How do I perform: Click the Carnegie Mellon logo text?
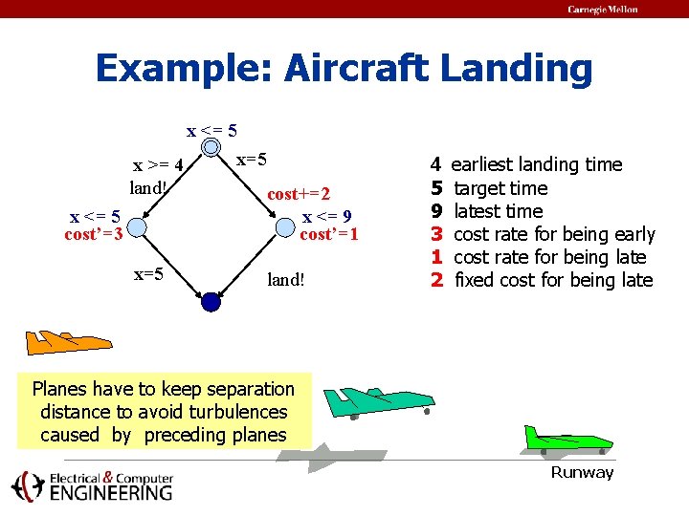point(602,10)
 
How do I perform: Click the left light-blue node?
point(137,227)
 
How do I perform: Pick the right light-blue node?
point(285,227)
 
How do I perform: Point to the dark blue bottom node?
point(211,302)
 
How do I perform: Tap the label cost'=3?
point(93,234)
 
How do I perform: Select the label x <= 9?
point(329,216)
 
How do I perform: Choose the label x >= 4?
point(158,165)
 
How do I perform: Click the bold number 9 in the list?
point(435,211)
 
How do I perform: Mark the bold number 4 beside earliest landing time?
point(435,164)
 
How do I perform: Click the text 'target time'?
point(500,188)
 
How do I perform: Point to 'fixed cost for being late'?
point(553,280)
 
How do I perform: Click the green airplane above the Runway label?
point(567,441)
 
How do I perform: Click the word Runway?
point(582,473)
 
